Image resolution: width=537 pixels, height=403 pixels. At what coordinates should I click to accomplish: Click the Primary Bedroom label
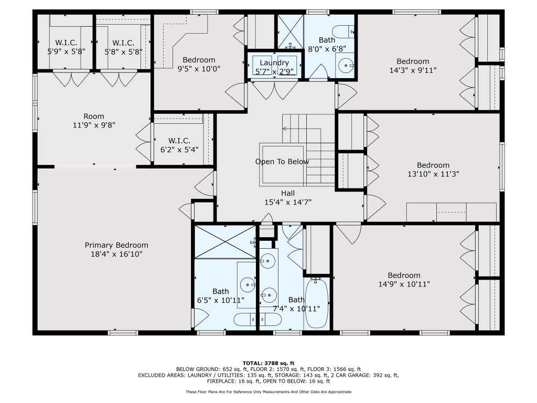[x=116, y=245]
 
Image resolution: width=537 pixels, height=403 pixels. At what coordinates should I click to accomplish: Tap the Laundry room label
[x=274, y=63]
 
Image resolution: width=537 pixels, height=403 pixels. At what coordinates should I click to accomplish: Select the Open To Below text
[x=282, y=162]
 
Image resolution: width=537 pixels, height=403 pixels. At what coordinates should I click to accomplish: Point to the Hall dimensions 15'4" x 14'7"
[x=288, y=202]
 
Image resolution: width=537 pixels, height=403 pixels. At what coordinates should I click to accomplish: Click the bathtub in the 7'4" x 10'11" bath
[x=316, y=303]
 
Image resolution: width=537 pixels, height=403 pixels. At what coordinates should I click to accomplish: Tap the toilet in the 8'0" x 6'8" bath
[x=343, y=31]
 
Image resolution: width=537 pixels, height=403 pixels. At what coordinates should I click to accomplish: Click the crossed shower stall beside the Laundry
[x=290, y=31]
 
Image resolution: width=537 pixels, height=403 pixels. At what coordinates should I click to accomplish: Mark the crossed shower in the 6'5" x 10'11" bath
[x=225, y=241]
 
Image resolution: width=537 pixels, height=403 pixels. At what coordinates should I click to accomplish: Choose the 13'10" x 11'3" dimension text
[x=433, y=174]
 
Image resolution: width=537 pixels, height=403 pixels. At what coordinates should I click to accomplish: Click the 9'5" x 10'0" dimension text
[x=199, y=69]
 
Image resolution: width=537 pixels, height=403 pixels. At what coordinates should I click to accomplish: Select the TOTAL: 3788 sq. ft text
[x=268, y=363]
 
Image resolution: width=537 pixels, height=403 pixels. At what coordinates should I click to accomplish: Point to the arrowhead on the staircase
[x=284, y=129]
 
